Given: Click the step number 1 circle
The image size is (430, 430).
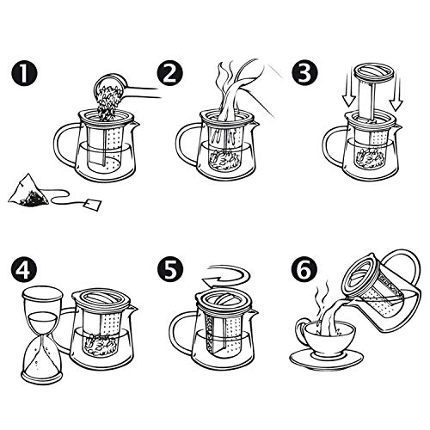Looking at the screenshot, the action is (x=24, y=73).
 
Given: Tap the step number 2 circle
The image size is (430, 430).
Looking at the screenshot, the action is (x=169, y=73).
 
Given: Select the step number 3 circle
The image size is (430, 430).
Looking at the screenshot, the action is (x=304, y=73).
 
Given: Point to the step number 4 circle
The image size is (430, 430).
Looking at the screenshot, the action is (x=24, y=270).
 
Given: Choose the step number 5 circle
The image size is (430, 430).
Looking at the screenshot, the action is (x=170, y=270).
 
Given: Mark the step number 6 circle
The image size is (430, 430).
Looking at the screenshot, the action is (x=304, y=270).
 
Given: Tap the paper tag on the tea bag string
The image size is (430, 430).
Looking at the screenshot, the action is (x=93, y=204).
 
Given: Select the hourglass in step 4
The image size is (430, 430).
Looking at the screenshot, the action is (x=42, y=333).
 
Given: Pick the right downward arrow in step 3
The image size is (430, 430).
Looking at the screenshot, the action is (x=396, y=92).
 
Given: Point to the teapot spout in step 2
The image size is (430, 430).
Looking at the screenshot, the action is (x=255, y=123).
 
